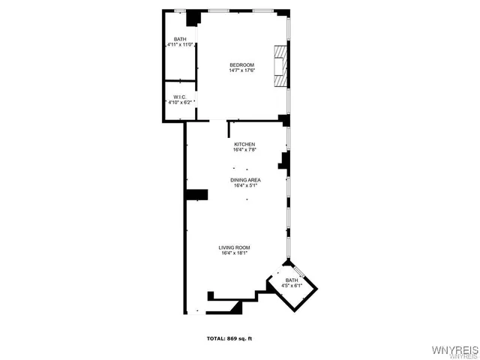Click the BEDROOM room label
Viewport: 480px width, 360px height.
click(242, 65)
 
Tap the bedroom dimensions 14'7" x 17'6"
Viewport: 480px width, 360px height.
click(242, 71)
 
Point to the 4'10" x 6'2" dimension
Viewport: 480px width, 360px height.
click(180, 102)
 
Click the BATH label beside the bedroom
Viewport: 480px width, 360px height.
click(180, 40)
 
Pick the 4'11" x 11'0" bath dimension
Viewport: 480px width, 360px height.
click(181, 46)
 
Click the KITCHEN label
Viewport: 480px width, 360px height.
click(244, 144)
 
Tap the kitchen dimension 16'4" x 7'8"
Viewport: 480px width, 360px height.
click(244, 150)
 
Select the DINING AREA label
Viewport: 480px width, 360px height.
click(245, 180)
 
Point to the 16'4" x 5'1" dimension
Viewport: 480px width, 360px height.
click(245, 186)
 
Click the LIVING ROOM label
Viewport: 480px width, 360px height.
click(234, 247)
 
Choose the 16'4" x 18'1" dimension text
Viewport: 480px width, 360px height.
click(234, 253)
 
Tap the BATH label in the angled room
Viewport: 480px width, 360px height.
click(291, 280)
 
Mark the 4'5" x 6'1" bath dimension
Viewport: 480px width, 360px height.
click(291, 286)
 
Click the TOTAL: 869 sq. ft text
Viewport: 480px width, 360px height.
click(229, 339)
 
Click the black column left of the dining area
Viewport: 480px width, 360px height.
click(196, 195)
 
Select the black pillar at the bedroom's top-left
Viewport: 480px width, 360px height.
click(193, 18)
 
